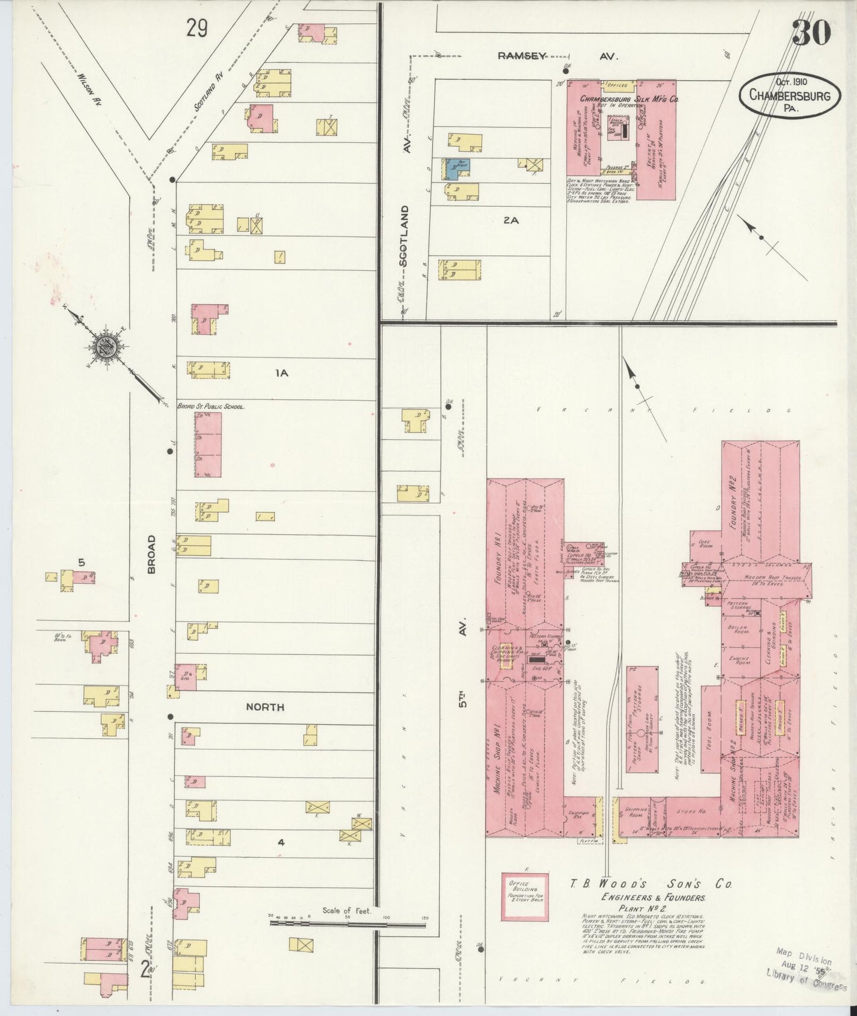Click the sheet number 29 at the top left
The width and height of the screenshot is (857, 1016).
click(x=196, y=28)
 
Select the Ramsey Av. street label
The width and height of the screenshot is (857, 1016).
click(x=557, y=56)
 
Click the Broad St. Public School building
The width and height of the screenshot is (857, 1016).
click(x=208, y=445)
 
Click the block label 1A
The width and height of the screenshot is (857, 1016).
click(x=281, y=373)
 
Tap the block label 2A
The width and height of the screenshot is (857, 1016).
click(x=511, y=220)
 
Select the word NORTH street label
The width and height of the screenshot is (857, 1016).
click(x=265, y=707)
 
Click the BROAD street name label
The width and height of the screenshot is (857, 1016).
click(x=152, y=554)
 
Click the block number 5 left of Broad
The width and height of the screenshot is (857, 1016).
click(x=82, y=562)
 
